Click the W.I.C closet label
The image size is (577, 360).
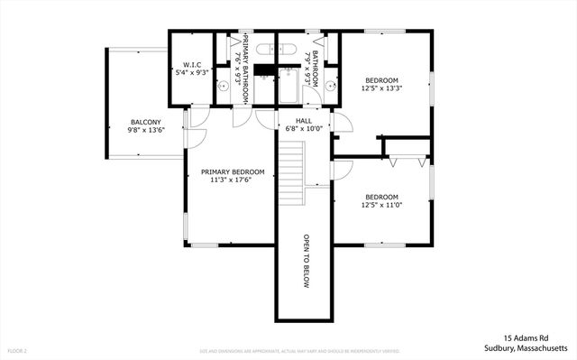point(191,65)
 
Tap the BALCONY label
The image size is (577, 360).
point(145,122)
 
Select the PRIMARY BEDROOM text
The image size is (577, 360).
point(233,171)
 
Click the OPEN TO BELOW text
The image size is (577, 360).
point(306,262)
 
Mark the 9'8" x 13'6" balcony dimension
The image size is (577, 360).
point(145,130)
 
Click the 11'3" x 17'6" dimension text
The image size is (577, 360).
point(233,180)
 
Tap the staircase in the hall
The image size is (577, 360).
point(289,177)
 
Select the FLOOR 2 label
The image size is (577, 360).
point(18,350)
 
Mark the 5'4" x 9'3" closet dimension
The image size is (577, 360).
point(191,73)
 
